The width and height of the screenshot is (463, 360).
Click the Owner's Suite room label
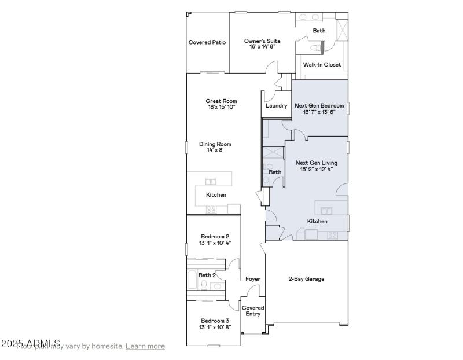coord(262,41)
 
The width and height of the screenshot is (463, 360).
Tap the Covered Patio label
coord(207,42)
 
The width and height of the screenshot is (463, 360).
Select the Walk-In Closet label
coord(322,65)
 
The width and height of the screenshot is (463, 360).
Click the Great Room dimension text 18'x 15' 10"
coord(222,107)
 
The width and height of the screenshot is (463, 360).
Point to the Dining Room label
coord(215,144)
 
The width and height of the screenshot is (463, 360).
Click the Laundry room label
coord(277,106)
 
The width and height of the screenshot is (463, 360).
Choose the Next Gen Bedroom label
coord(319,106)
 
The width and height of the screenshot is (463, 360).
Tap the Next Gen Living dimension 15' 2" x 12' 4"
coord(316,170)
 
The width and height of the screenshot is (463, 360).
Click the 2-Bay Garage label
coord(306,279)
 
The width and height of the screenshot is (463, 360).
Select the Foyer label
coord(252,279)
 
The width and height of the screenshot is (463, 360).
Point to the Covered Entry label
coord(253,311)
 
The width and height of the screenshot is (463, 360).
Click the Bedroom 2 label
coord(215,236)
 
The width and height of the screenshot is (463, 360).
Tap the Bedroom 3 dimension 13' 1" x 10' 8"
coord(215,327)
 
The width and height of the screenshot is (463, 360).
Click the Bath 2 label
coord(207,275)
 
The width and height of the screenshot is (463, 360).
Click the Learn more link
coord(145,346)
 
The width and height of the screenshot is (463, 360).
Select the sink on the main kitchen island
coord(211,182)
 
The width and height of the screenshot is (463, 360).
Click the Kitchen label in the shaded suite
coord(317,222)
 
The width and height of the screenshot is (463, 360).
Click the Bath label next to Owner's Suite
coord(319,31)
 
